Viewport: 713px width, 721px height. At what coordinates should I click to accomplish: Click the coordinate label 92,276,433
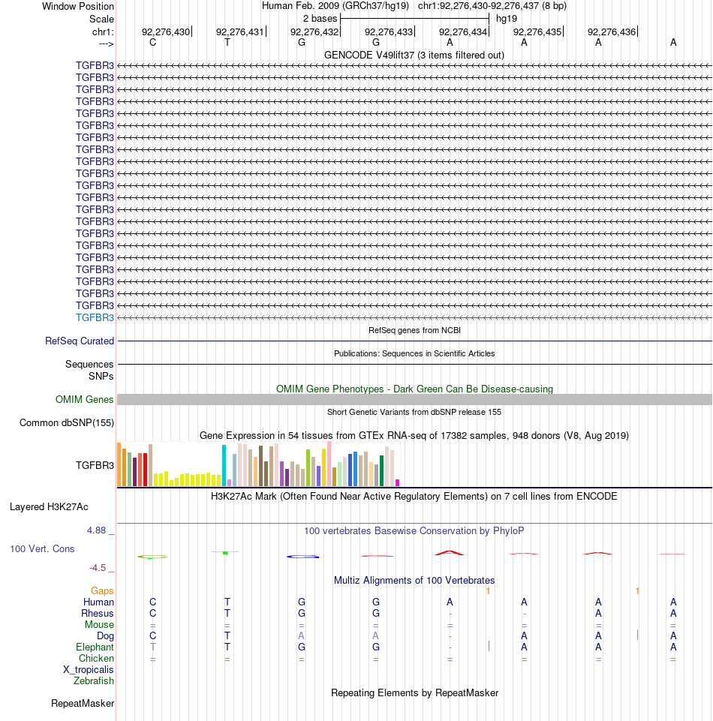[x=389, y=32]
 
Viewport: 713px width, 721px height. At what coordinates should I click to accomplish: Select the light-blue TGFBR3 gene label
[x=95, y=318]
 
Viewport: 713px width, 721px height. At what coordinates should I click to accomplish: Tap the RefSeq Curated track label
[x=80, y=341]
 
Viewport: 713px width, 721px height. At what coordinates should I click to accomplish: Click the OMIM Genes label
[x=84, y=400]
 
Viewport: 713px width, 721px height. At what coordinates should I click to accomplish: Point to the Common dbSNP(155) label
[x=67, y=423]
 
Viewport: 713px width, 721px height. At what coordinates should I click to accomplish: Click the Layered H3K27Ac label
[x=49, y=507]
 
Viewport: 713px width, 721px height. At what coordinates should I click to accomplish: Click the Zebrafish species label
[x=94, y=681]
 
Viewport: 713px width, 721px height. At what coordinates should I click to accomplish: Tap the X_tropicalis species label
[x=89, y=670]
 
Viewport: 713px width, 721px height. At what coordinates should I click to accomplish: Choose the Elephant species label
[x=95, y=647]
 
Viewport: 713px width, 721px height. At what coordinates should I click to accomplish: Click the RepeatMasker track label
[x=83, y=704]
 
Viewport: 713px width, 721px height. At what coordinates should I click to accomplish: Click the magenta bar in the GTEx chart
[x=398, y=483]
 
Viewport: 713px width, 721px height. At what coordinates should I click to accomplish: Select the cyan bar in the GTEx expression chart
[x=224, y=465]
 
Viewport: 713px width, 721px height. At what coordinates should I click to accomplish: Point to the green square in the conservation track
[x=225, y=553]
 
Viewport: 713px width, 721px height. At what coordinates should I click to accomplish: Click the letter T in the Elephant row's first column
[x=152, y=647]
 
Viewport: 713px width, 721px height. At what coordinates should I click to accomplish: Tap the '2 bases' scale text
[x=320, y=19]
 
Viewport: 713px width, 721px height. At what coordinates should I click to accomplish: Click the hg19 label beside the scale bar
[x=507, y=19]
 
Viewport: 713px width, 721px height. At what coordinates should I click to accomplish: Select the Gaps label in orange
[x=102, y=591]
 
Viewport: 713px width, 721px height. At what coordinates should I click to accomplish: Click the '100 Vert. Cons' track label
[x=42, y=549]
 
